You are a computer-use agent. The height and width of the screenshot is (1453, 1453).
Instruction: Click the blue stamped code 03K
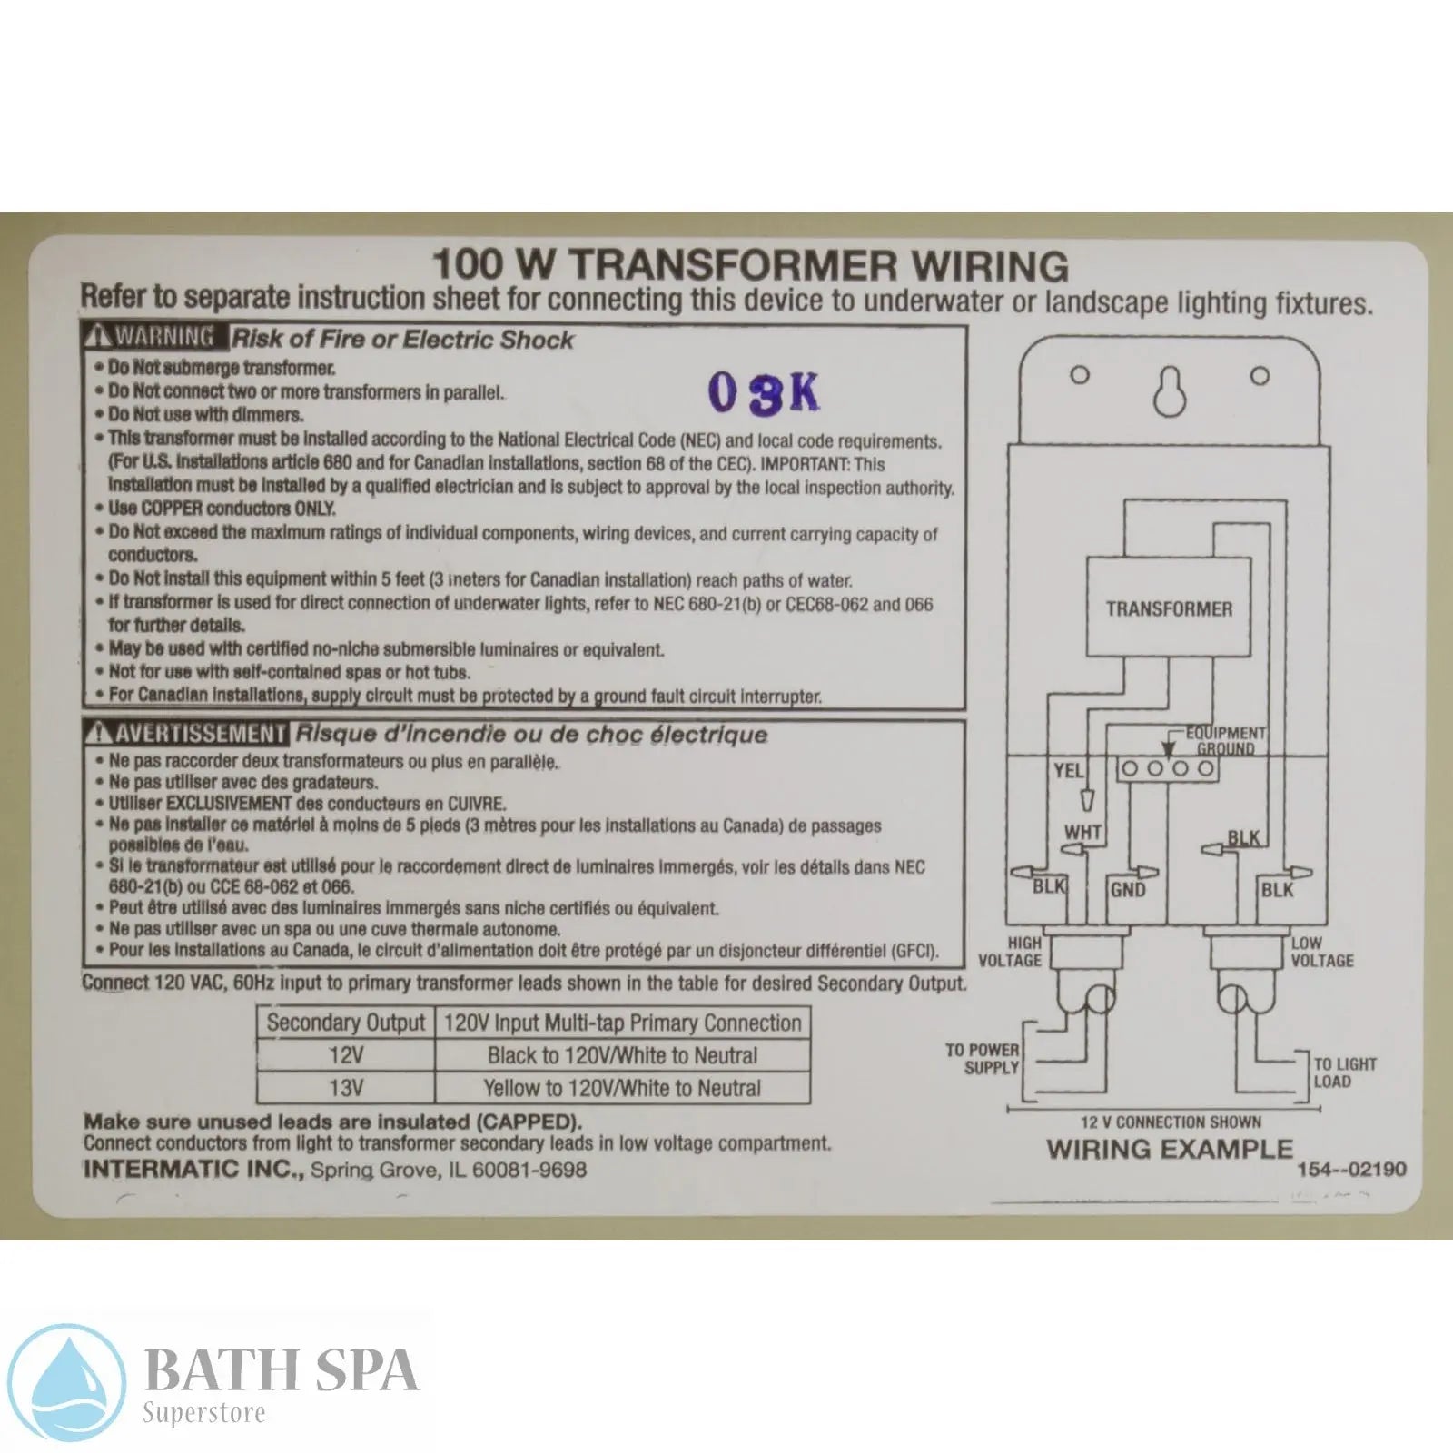point(763,392)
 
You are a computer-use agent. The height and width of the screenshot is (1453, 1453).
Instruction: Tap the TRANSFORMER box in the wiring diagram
point(1169,608)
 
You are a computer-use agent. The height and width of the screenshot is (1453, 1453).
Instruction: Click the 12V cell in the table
point(346,1055)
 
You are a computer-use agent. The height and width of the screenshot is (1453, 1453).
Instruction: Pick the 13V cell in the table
point(346,1088)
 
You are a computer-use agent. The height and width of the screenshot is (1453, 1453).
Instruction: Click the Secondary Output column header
point(346,1023)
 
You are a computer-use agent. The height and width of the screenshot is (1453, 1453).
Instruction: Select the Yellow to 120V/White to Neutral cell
point(622,1088)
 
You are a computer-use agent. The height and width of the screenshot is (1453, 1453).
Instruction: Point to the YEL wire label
point(1068,771)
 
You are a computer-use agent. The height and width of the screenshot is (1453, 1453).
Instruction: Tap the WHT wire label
point(1082,832)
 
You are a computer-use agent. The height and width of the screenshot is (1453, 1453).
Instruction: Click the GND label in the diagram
point(1128,890)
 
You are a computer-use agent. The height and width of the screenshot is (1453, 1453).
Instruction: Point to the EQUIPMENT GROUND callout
point(1225,740)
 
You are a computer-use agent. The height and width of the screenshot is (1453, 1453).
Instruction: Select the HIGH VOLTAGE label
point(1010,952)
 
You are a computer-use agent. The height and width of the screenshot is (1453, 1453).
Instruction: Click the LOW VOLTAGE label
point(1321,952)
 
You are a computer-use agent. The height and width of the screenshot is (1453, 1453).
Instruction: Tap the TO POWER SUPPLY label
point(983,1059)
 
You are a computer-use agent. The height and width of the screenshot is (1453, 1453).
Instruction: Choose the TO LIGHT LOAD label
point(1345,1072)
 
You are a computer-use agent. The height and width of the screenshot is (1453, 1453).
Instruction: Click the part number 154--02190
point(1351,1170)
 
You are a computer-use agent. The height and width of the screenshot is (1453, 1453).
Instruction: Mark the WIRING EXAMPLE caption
point(1169,1149)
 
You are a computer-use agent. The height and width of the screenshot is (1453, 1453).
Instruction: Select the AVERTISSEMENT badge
point(186,734)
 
